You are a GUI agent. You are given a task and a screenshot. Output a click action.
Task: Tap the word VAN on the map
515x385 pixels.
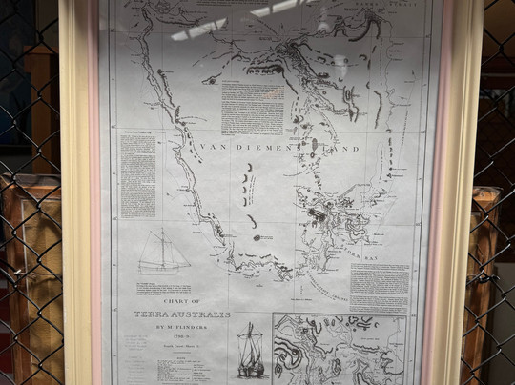(216, 149)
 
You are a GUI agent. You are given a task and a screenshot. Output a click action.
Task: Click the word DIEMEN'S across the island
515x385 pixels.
(278, 149)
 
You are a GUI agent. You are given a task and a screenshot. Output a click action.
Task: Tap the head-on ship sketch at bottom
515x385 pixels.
(250, 353)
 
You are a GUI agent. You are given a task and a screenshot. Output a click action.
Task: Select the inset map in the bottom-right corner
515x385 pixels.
(339, 348)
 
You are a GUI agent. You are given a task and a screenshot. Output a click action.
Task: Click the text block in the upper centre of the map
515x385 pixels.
(252, 107)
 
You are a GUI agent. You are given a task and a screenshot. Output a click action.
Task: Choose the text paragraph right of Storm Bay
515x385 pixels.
(380, 286)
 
